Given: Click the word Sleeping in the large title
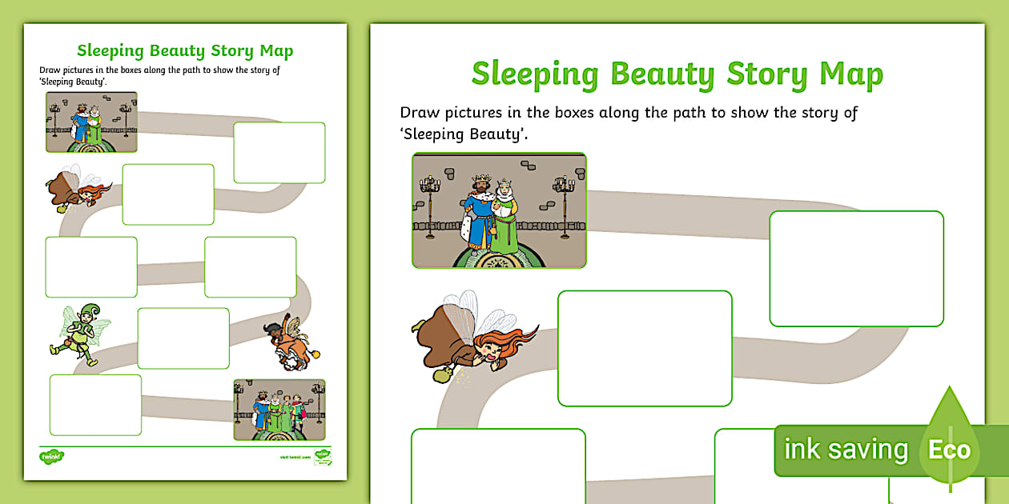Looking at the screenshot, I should click(x=535, y=74).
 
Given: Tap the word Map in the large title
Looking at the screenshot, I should click(x=850, y=74).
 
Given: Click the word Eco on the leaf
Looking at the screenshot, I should click(x=950, y=450).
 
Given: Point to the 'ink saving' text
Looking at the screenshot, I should click(x=846, y=450).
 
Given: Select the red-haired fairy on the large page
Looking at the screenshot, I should click(x=464, y=340).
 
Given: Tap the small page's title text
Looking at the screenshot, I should click(x=185, y=51).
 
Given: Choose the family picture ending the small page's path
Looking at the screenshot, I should click(x=279, y=410).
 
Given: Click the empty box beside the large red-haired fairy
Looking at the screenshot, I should click(x=645, y=348).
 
